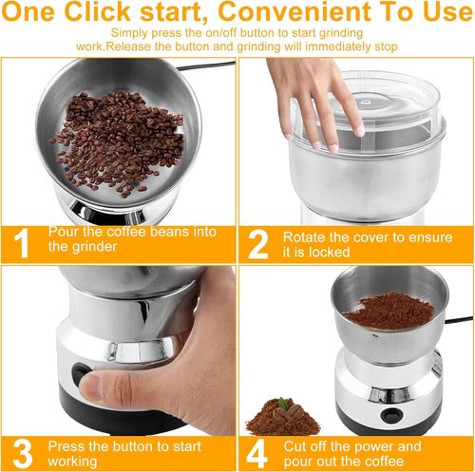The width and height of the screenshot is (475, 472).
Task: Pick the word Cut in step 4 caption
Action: coord(296,444)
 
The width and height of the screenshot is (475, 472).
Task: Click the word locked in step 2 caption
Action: coord(332,251)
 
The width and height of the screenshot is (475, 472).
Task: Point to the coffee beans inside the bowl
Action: coord(118,142)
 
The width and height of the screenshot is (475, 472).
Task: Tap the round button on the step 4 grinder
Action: coord(389,415)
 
